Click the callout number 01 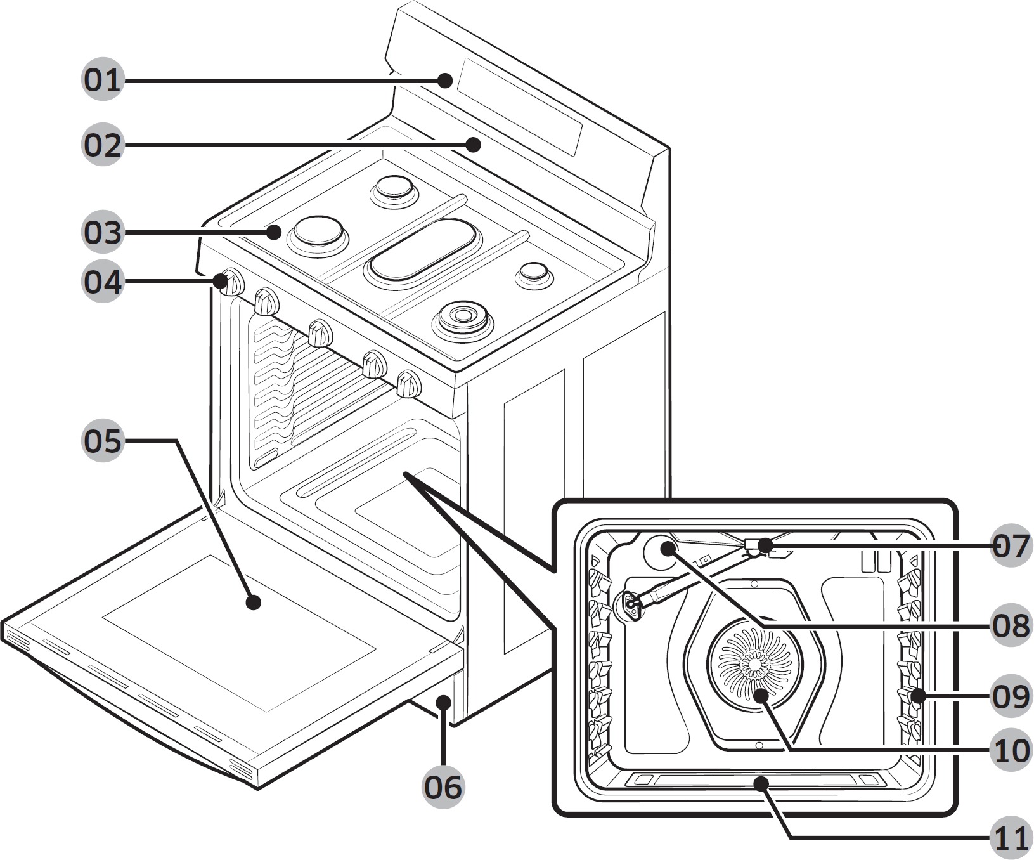[102, 81]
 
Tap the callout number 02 [102, 145]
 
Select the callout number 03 [102, 232]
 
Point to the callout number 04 [102, 282]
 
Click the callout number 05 [102, 441]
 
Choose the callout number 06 [443, 787]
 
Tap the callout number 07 [1011, 545]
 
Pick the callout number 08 [1011, 625]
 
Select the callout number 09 [1011, 696]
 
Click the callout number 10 [1011, 750]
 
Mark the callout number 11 [1011, 838]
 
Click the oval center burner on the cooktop [423, 250]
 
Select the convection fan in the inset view [754, 663]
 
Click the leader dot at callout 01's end [446, 81]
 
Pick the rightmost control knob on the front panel [409, 384]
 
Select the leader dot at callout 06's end [444, 701]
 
